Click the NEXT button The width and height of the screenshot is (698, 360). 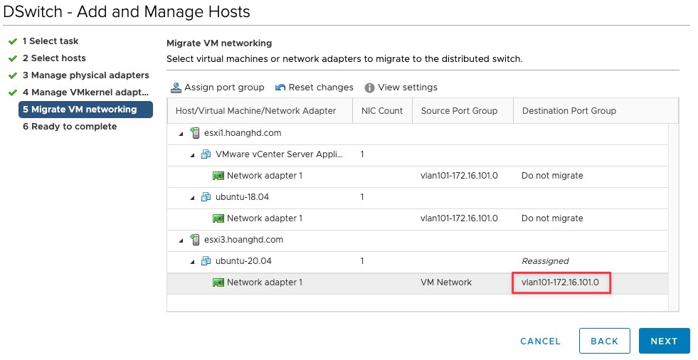point(664,341)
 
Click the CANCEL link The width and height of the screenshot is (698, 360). point(540,342)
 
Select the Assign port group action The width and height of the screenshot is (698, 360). point(217,88)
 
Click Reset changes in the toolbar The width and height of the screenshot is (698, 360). point(314,88)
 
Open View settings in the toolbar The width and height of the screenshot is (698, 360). point(401,88)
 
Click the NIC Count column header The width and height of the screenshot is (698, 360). point(382,111)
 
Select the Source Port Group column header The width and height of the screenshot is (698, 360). point(459,111)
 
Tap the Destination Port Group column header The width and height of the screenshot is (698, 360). point(569,111)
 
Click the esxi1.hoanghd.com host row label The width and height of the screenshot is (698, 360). point(243,132)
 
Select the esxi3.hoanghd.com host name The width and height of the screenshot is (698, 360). point(243,239)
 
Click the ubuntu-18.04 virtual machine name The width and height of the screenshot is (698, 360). point(242,196)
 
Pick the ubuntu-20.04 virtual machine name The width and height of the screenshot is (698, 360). point(243,261)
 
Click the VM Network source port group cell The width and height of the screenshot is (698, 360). point(446,282)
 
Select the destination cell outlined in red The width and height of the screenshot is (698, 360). point(561,282)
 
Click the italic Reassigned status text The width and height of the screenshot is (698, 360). point(545,261)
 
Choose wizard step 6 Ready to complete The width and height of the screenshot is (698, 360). point(70,127)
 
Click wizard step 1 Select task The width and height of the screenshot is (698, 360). point(51,41)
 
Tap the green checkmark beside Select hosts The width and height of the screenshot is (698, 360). point(13,58)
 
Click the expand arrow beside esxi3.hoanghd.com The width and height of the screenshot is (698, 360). point(181,240)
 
